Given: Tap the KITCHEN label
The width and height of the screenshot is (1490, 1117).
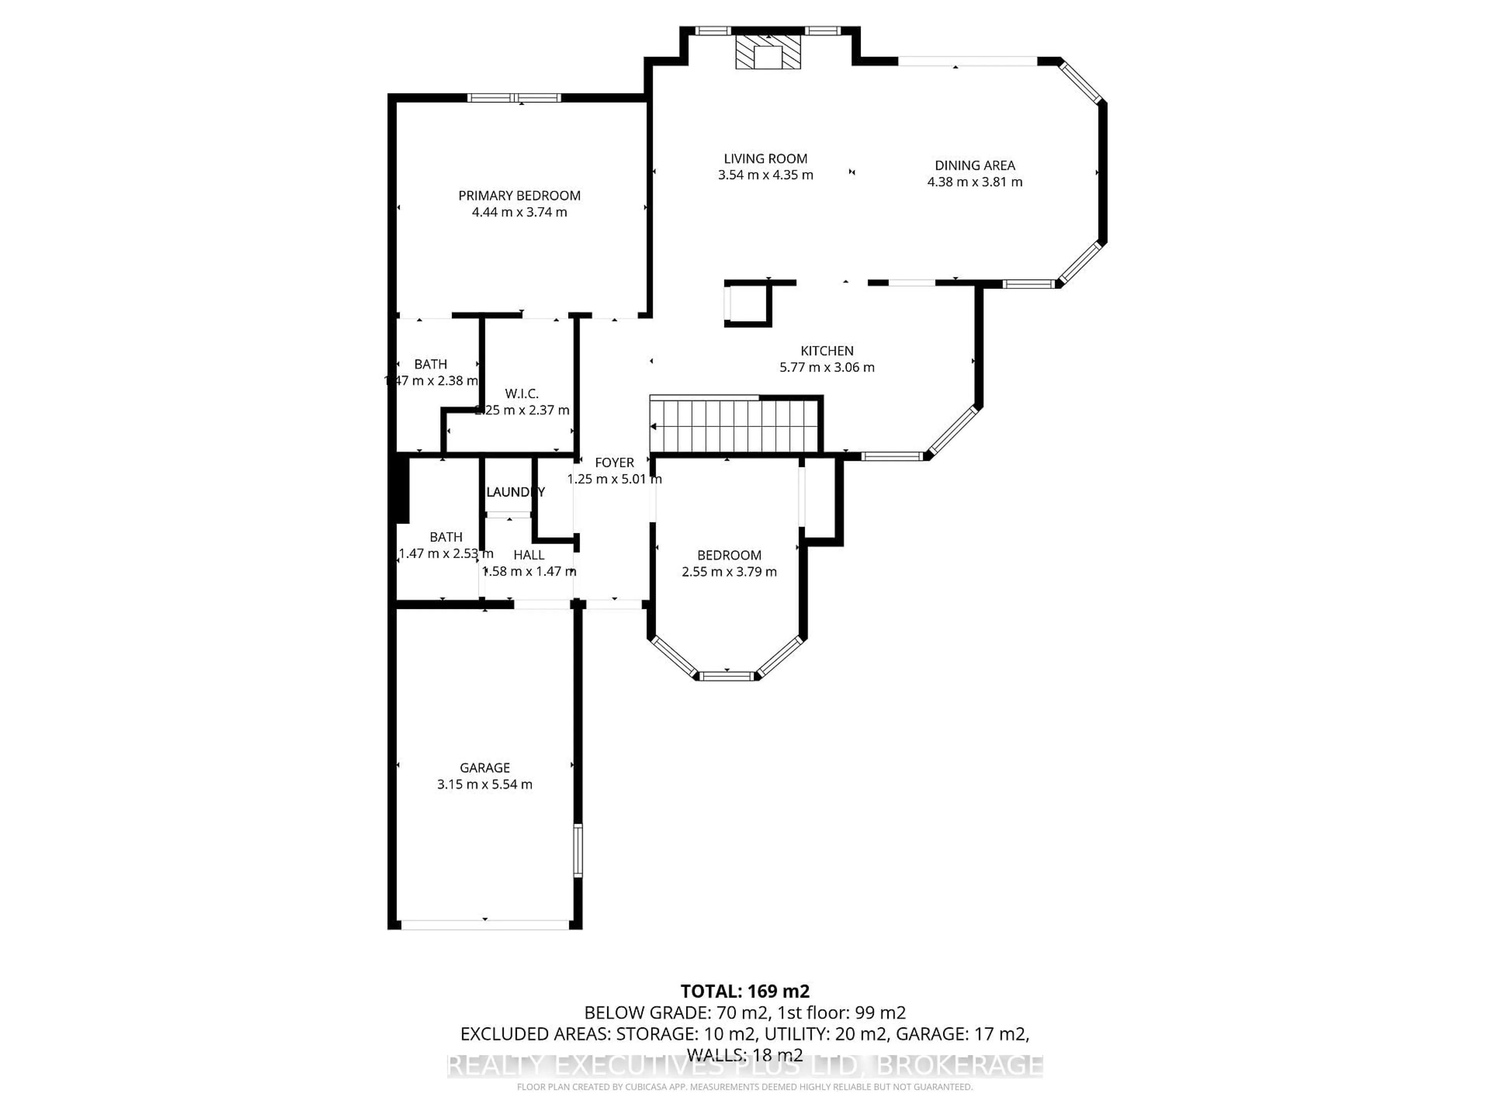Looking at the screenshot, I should click(x=826, y=351).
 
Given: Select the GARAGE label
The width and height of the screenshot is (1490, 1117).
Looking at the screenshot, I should click(x=484, y=768).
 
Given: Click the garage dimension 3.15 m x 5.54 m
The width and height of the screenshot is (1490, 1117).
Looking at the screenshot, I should click(x=484, y=784).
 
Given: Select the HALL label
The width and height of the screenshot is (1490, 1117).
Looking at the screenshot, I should click(x=529, y=555).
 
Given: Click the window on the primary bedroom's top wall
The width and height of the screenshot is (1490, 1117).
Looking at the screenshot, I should click(x=515, y=98).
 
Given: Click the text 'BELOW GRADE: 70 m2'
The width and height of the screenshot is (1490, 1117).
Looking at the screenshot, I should click(x=676, y=1013).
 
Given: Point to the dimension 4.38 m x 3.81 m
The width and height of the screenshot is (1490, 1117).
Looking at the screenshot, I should click(x=975, y=182).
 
